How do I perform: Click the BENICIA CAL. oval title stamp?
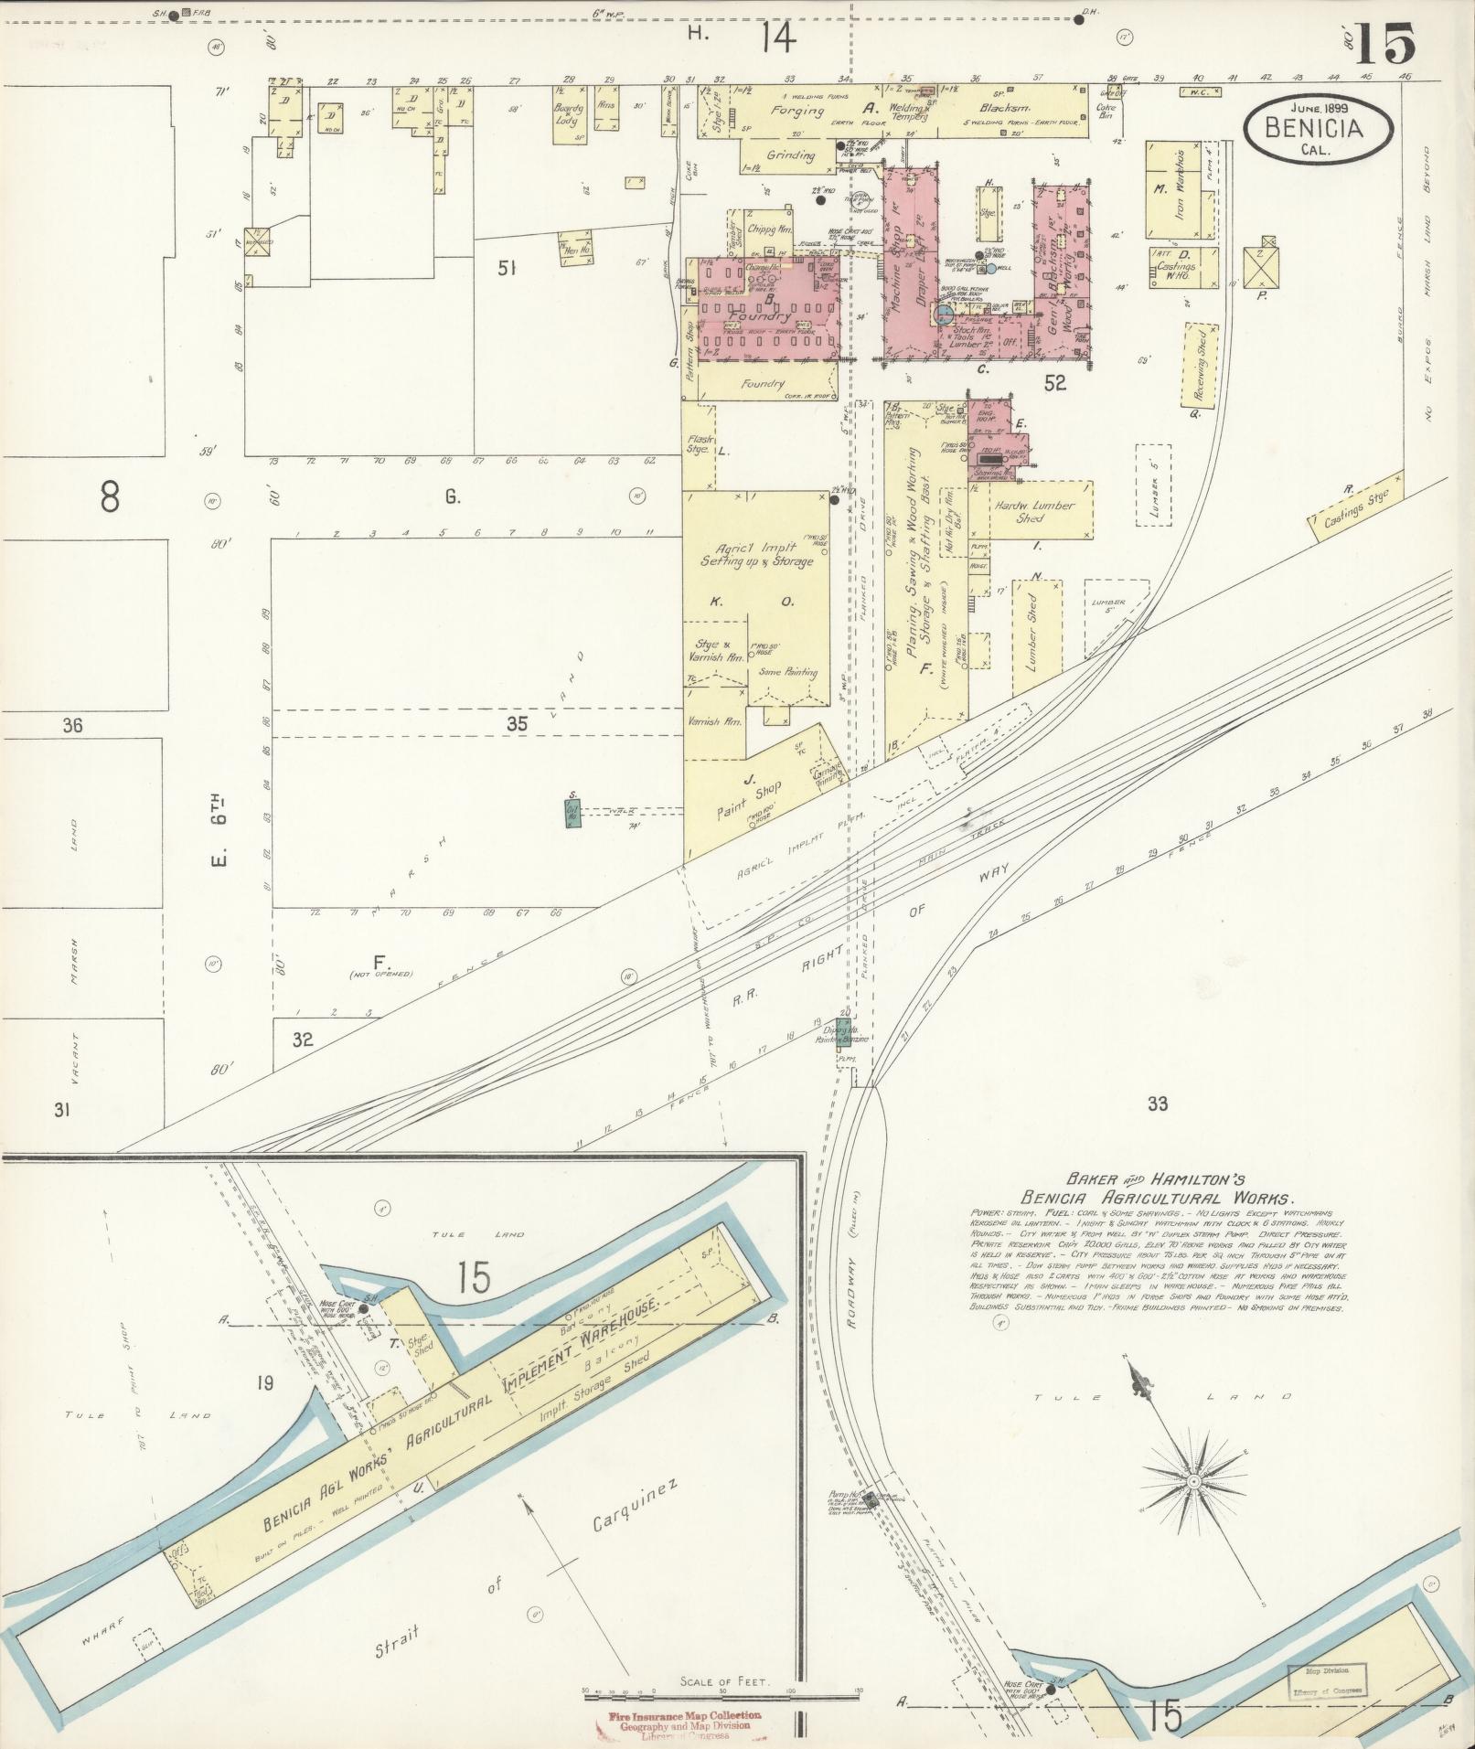[x=1318, y=129]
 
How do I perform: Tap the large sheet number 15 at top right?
[x=1385, y=44]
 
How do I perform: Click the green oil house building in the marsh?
[x=573, y=812]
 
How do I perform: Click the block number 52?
[x=1055, y=383]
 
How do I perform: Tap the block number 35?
[x=518, y=724]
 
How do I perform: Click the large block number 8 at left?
[x=110, y=497]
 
